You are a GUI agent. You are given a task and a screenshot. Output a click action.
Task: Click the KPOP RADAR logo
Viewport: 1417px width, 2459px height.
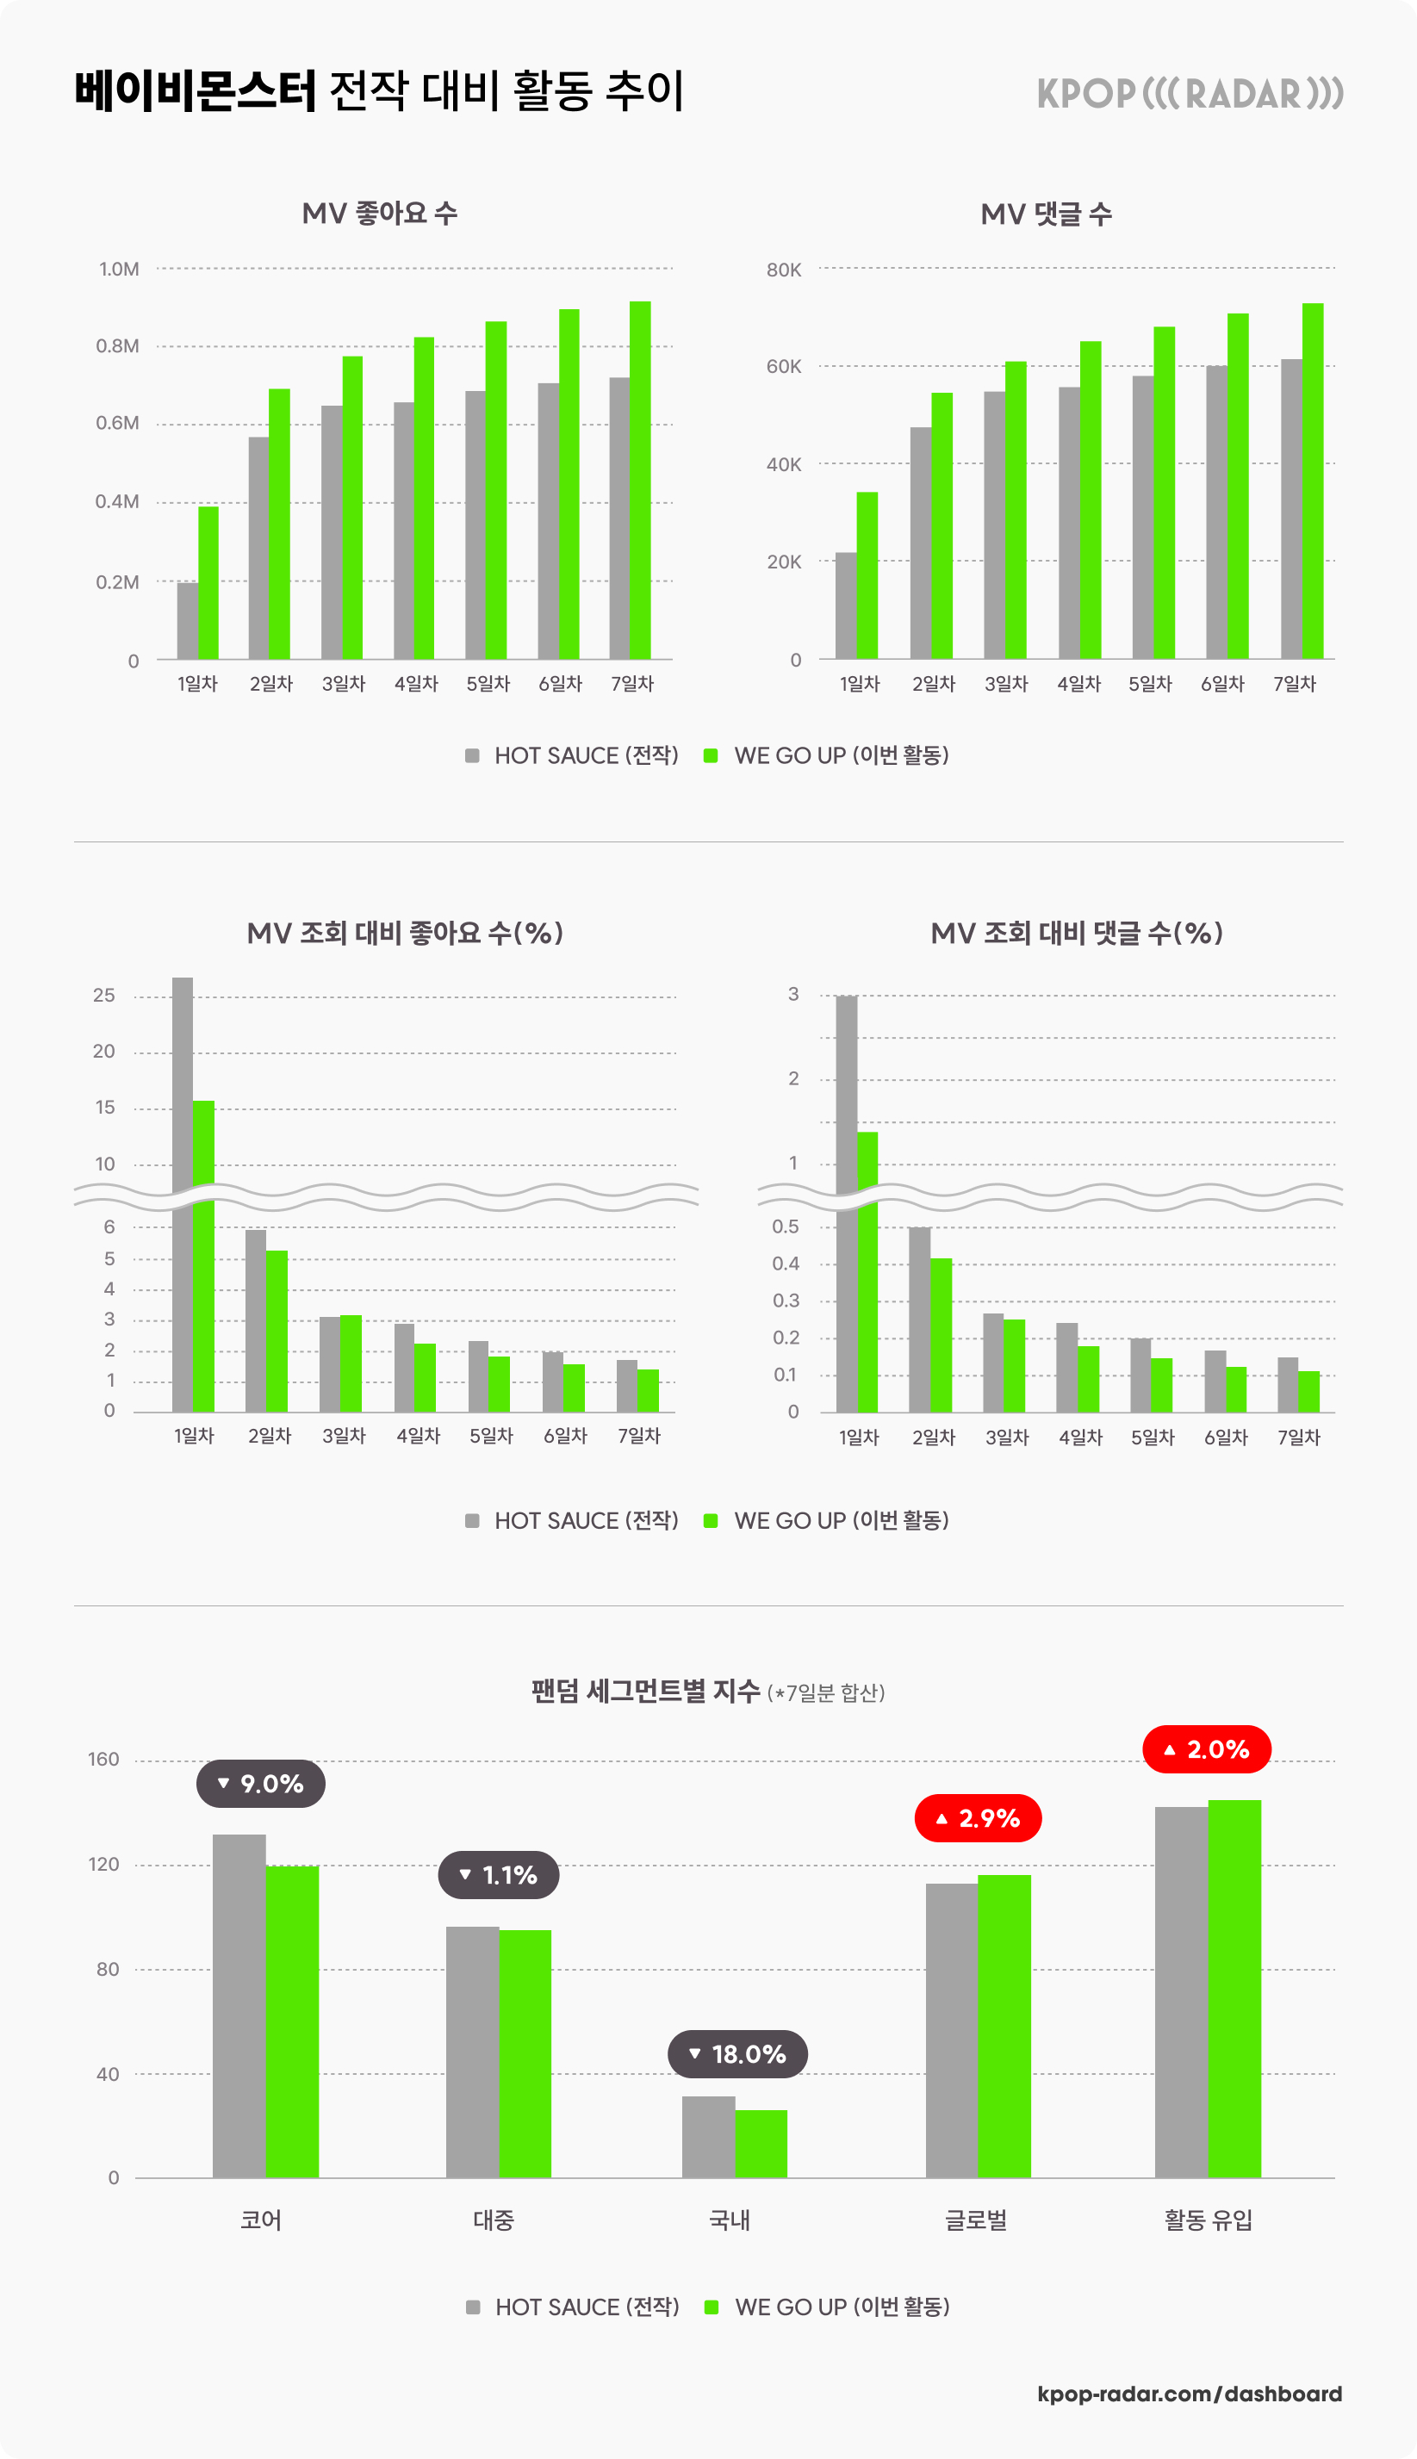[1190, 93]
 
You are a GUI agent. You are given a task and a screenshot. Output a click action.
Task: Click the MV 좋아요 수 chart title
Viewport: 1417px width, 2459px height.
[380, 213]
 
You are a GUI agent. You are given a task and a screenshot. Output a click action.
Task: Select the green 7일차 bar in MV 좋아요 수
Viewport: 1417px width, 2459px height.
[640, 480]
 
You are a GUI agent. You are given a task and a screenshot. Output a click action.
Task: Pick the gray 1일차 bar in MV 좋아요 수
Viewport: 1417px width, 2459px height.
[187, 621]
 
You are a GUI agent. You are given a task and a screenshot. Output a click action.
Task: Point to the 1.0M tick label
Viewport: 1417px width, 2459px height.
[119, 269]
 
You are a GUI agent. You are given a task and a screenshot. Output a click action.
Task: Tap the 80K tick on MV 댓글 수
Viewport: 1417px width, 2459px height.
[783, 270]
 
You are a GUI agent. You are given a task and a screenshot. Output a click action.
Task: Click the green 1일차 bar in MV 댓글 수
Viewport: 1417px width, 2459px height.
[867, 575]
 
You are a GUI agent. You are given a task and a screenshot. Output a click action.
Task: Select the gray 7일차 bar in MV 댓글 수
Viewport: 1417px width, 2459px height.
[1290, 509]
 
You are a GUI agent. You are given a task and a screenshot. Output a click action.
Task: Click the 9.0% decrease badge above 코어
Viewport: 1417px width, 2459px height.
[261, 1784]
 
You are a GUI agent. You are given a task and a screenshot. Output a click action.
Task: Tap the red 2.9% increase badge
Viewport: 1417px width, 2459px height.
[978, 1817]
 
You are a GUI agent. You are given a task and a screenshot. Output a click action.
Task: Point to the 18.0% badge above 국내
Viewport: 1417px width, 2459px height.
[737, 2054]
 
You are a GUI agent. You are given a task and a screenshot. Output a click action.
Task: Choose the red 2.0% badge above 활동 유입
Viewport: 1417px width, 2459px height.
[1207, 1749]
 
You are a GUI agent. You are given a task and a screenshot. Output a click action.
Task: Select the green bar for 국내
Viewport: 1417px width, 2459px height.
[761, 2144]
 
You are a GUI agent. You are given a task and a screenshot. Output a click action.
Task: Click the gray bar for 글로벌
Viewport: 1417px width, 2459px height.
[952, 2031]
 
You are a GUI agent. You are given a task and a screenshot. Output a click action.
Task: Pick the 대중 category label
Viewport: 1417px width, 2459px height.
[494, 2220]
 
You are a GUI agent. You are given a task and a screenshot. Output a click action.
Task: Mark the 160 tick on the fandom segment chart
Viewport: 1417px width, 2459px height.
[103, 1760]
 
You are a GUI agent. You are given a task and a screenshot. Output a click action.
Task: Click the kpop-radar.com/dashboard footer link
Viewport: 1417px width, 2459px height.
[1190, 2394]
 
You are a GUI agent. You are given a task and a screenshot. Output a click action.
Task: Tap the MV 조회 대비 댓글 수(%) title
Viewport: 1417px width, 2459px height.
[1077, 933]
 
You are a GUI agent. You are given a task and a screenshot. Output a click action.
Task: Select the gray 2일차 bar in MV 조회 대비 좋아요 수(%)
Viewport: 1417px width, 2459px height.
[256, 1320]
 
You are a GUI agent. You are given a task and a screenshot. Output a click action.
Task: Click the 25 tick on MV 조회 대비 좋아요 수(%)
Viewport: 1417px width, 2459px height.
[104, 996]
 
